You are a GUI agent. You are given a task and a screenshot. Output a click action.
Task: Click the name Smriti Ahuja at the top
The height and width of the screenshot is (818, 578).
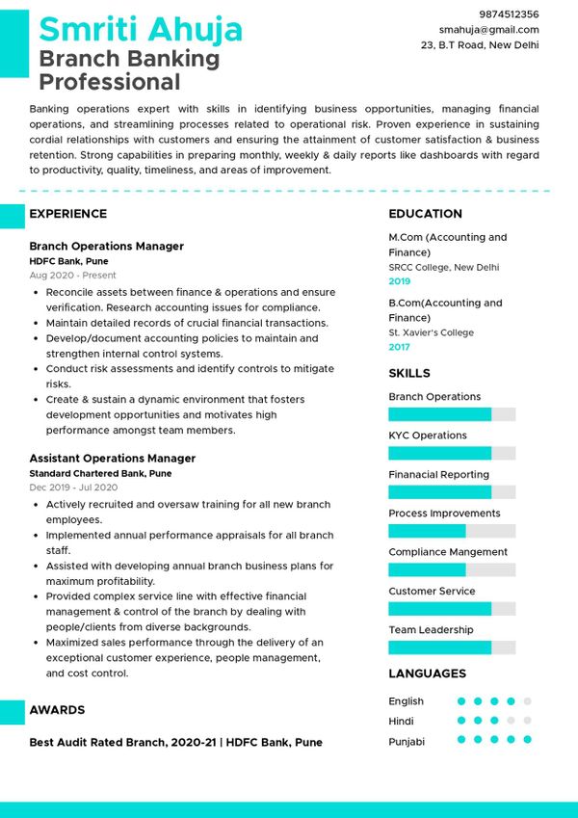click(x=141, y=30)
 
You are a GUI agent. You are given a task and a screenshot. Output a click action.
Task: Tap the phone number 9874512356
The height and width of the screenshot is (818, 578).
click(x=508, y=14)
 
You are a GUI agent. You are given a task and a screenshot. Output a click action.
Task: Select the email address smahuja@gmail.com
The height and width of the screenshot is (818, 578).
click(x=488, y=30)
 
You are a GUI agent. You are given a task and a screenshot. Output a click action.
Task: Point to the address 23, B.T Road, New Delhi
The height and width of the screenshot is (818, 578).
click(x=480, y=45)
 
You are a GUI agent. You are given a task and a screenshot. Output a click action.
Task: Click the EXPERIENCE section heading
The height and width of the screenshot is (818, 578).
click(x=67, y=214)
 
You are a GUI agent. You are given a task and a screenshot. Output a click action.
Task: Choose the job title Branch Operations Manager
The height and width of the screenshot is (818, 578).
click(x=106, y=247)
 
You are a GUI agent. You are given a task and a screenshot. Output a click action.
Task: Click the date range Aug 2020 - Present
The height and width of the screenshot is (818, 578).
click(x=72, y=276)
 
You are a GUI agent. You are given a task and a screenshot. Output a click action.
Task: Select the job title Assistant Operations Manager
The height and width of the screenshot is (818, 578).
click(x=112, y=459)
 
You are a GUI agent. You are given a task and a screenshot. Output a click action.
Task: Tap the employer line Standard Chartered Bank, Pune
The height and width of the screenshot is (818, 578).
click(x=100, y=474)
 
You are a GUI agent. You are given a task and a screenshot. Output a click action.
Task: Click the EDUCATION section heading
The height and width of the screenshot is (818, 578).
click(x=425, y=214)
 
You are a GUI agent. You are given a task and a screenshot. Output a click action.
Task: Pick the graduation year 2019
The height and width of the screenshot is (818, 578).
click(x=399, y=281)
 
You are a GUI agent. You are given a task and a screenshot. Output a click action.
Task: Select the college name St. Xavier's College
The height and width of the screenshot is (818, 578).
click(x=431, y=332)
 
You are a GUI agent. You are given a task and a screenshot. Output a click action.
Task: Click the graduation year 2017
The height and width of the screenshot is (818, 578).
click(x=399, y=347)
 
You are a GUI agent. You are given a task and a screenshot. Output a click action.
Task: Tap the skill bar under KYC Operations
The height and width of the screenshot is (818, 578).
click(x=452, y=453)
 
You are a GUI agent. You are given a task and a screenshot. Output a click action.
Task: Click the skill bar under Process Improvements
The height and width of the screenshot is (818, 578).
click(x=452, y=531)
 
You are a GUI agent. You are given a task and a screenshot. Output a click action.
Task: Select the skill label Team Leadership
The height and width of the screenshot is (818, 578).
click(x=431, y=630)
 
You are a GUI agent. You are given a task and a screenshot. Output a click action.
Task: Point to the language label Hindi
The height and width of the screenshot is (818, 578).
click(x=401, y=722)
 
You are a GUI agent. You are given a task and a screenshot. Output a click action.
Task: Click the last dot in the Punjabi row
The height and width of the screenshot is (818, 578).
click(x=527, y=740)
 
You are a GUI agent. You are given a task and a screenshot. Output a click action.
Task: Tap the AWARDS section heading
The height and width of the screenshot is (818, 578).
click(x=57, y=710)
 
